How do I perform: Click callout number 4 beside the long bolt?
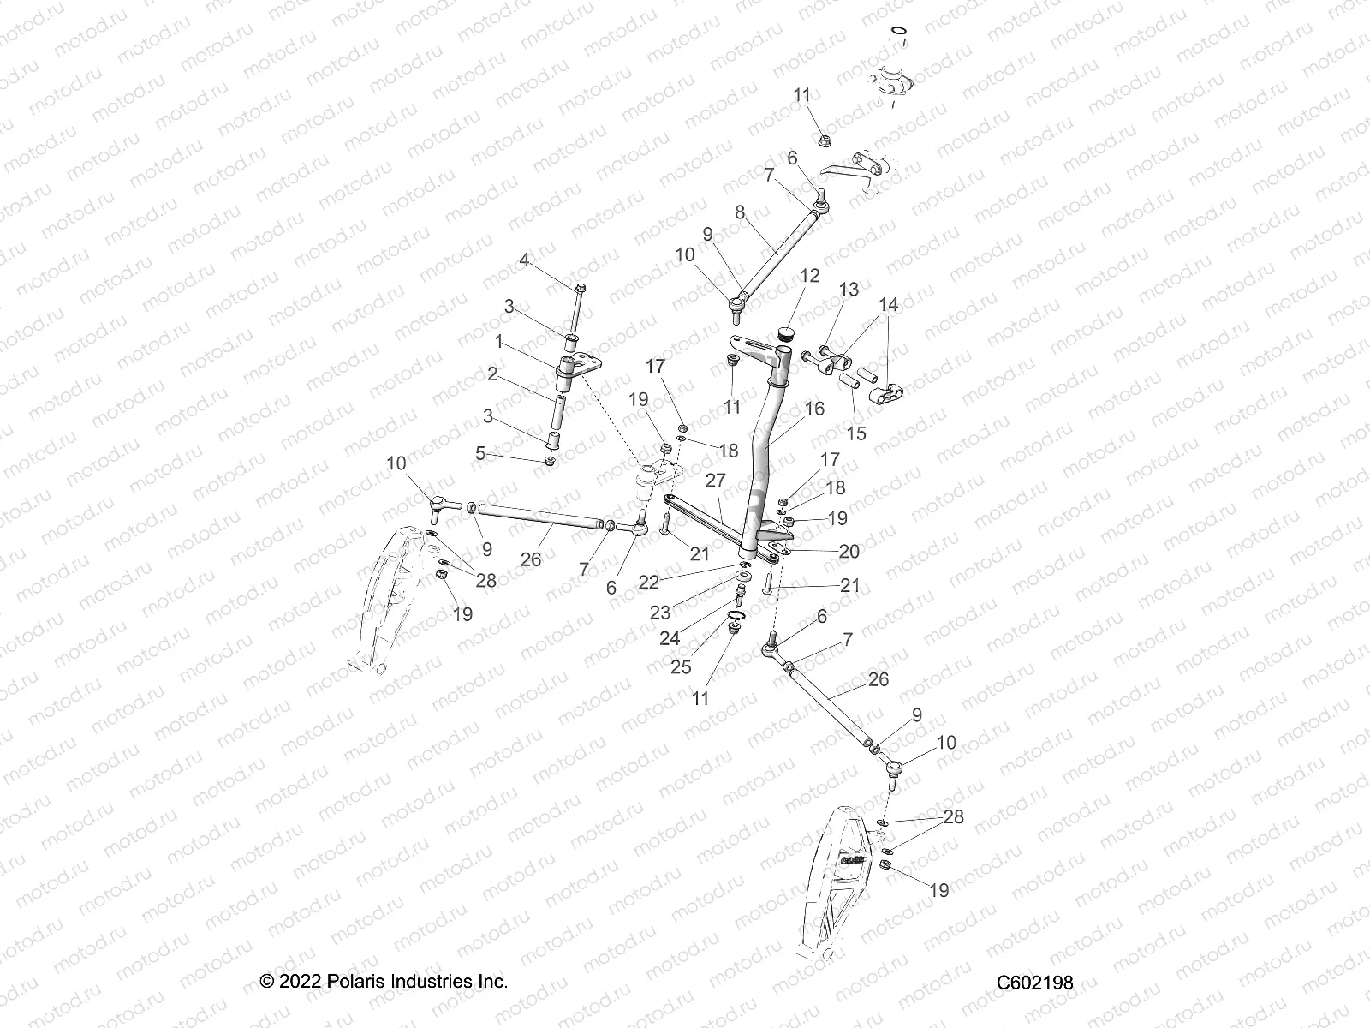(x=522, y=259)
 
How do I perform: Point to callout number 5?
(x=480, y=453)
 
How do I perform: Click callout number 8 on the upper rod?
(x=740, y=212)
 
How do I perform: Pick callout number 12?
(x=809, y=276)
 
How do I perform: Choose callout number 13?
(x=848, y=290)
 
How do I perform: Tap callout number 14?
(x=888, y=304)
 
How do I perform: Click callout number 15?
(x=856, y=433)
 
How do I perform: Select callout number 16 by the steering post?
(x=814, y=409)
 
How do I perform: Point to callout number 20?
(x=849, y=551)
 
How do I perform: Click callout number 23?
(x=659, y=613)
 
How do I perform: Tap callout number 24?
(x=669, y=637)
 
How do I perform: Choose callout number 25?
(x=681, y=666)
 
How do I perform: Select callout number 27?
(x=715, y=480)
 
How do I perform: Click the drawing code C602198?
(x=1034, y=983)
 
